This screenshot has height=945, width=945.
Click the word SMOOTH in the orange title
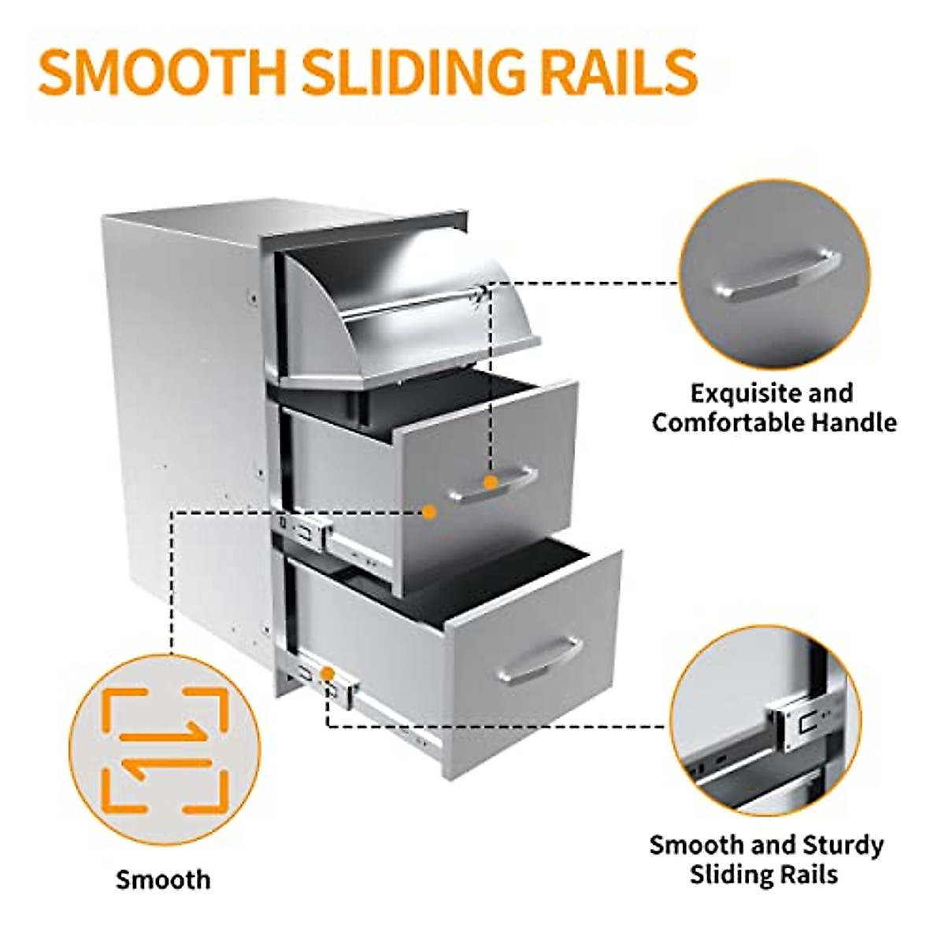tap(161, 72)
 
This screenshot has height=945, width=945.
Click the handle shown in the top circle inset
tap(775, 276)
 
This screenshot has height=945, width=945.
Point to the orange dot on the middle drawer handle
tap(491, 482)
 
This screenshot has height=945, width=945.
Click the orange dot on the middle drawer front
tap(428, 512)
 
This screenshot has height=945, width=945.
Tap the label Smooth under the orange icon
tap(163, 879)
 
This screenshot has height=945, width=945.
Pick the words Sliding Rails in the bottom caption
tap(763, 874)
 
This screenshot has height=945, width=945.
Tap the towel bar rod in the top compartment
tap(409, 306)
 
